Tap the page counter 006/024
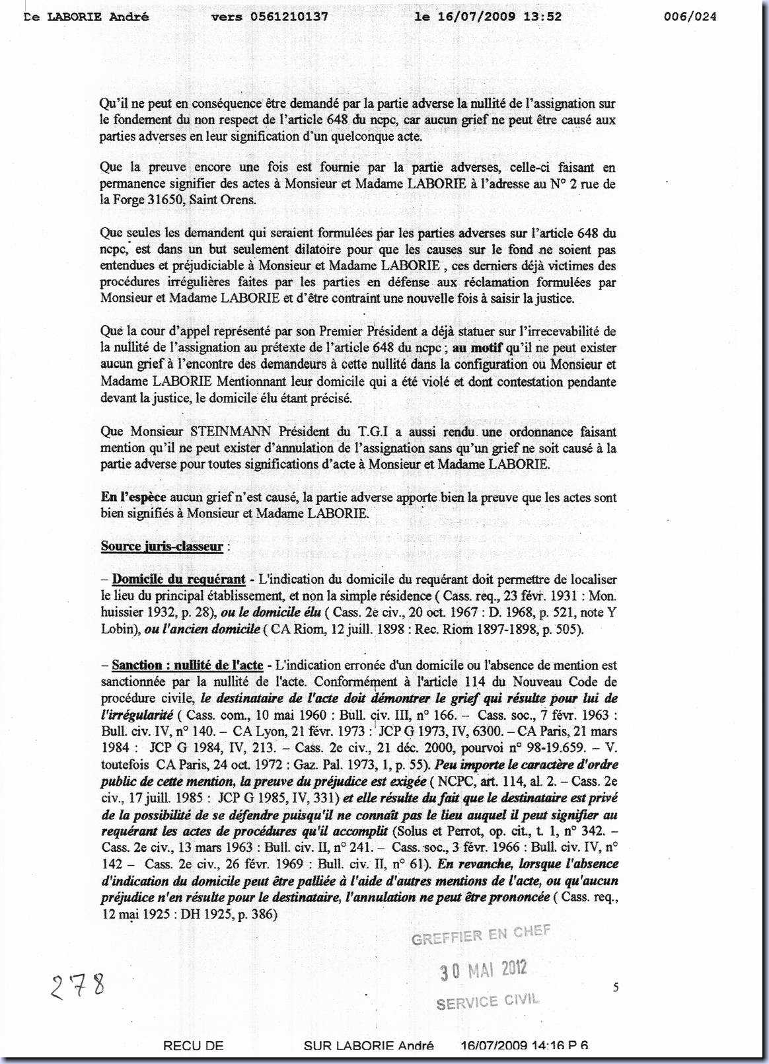[690, 17]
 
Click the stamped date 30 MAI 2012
[484, 969]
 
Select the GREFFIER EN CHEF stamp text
[480, 936]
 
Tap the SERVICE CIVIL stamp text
[488, 1001]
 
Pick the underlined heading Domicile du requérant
[179, 580]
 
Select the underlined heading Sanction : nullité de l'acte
[188, 665]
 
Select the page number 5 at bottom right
[616, 988]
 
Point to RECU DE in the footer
[193, 1045]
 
